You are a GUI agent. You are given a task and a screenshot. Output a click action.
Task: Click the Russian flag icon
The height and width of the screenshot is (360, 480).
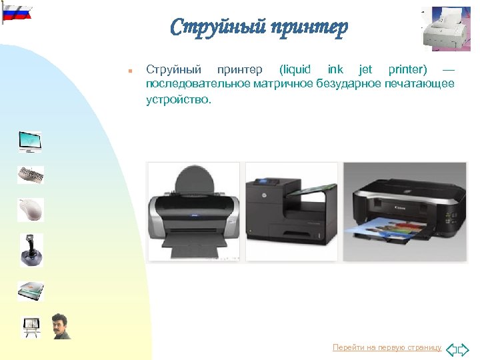(x=16, y=11)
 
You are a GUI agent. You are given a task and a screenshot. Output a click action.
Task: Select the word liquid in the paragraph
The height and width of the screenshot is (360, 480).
(x=295, y=69)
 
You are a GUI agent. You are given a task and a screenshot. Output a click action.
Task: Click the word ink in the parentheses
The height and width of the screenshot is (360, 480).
(x=335, y=69)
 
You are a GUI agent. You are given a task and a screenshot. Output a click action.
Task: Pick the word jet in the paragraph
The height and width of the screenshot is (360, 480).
(x=365, y=69)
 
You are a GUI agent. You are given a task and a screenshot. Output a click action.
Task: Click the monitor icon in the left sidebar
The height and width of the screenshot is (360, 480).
(x=30, y=141)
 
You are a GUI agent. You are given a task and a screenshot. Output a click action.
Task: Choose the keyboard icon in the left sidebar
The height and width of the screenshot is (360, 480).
(x=30, y=175)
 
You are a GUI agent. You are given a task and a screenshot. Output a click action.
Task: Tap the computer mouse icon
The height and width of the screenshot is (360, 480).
(x=30, y=209)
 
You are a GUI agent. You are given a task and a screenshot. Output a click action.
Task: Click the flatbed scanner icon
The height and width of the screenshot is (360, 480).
(x=30, y=290)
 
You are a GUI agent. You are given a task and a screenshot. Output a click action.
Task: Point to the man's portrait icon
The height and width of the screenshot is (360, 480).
(x=61, y=326)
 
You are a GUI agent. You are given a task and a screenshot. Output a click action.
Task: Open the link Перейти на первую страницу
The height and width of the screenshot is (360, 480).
(x=387, y=347)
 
